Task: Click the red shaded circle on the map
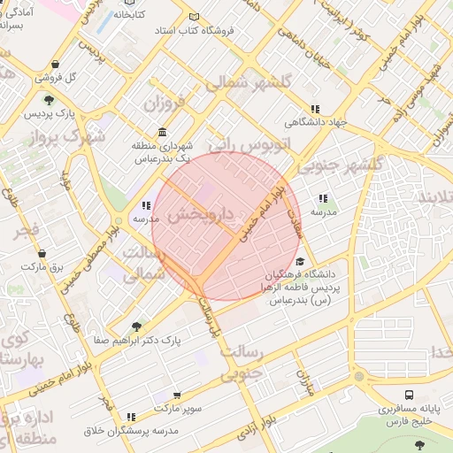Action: [x=226, y=226]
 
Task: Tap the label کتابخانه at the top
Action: [x=128, y=15]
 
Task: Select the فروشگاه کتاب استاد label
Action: [x=194, y=30]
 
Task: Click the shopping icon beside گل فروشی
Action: [x=57, y=65]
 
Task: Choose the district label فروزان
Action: [x=166, y=103]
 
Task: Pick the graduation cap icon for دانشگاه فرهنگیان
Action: [x=300, y=262]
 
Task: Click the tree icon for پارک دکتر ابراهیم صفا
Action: [x=135, y=326]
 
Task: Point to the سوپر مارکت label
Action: [x=177, y=408]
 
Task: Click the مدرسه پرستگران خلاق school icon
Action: [x=131, y=417]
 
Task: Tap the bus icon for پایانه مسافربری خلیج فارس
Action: [x=409, y=395]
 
